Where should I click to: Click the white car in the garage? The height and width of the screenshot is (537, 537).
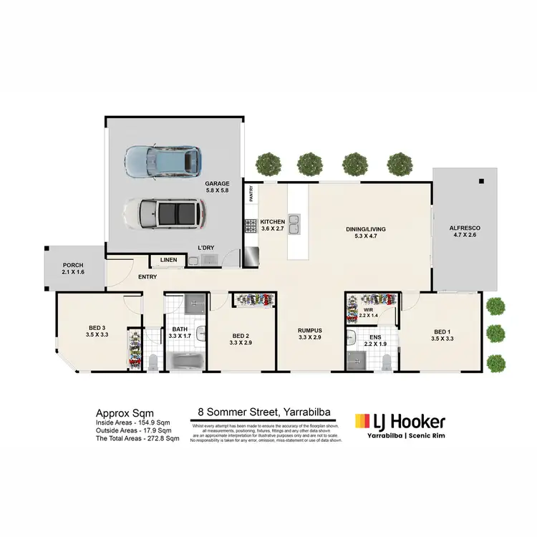point(163,212)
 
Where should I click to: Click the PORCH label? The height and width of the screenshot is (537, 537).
point(74,268)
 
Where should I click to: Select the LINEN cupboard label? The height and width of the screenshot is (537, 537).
point(168,260)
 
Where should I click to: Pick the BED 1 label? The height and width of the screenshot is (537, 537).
point(443,335)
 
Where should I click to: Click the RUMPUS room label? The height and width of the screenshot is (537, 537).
point(311,334)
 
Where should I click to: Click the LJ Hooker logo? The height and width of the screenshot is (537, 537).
point(400,422)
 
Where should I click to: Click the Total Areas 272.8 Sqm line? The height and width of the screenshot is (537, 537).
point(133,439)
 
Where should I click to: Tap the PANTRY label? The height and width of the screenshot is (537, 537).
point(251,193)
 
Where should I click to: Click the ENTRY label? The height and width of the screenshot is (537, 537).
point(147,277)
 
